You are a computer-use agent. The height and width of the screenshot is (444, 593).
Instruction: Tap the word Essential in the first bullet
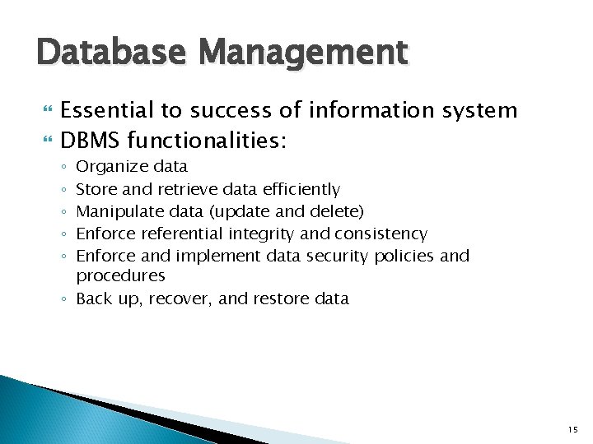pyautogui.click(x=106, y=110)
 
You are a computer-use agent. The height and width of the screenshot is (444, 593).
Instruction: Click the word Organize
pyautogui.click(x=107, y=167)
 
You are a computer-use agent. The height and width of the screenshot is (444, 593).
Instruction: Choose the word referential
pyautogui.click(x=189, y=234)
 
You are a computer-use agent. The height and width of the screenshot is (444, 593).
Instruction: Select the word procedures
pyautogui.click(x=120, y=276)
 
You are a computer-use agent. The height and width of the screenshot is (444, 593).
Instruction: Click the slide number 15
pyautogui.click(x=573, y=430)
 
